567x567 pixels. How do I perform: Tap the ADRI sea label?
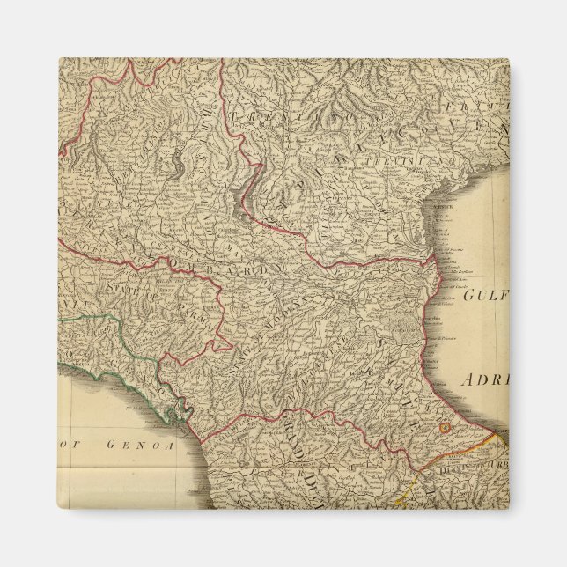[x=483, y=380]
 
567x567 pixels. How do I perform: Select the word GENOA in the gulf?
[x=136, y=445]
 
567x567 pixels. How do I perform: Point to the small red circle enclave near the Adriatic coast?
[x=445, y=428]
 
